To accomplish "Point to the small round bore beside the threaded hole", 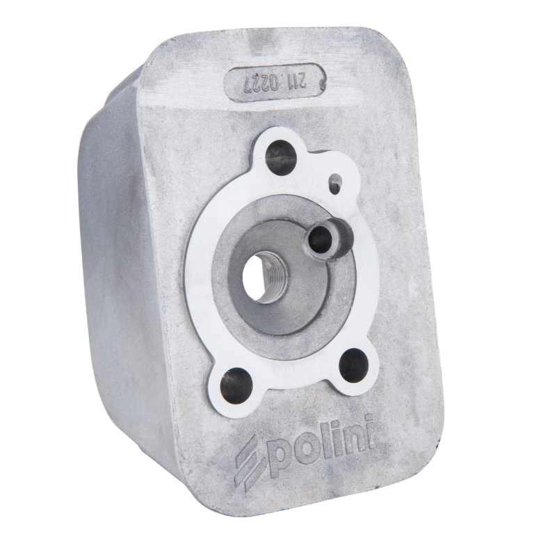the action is click(322, 237).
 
